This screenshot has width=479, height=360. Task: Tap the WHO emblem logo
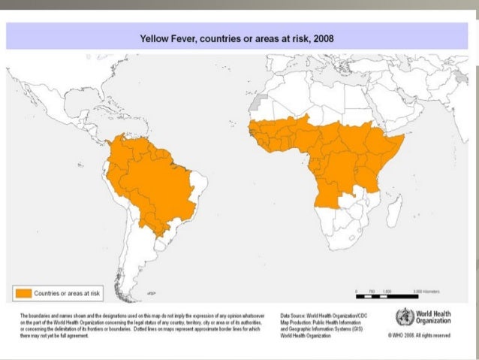coord(399,317)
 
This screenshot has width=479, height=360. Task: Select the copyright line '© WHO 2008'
coord(420,336)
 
